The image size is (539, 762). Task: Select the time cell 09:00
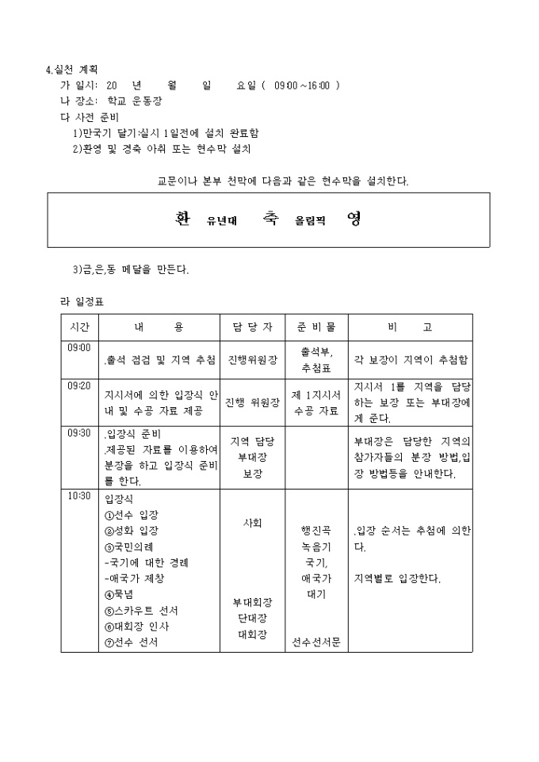(x=79, y=347)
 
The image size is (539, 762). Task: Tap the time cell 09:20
(x=79, y=386)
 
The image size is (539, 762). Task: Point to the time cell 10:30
(x=79, y=497)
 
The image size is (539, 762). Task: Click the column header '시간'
(x=79, y=327)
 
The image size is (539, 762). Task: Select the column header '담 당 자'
(x=252, y=327)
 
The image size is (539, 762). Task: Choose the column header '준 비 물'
(x=316, y=327)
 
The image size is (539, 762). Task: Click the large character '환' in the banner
(x=182, y=219)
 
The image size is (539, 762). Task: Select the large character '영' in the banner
(x=354, y=219)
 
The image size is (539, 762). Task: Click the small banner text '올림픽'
(x=311, y=221)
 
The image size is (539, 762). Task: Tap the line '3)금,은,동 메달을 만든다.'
(x=131, y=269)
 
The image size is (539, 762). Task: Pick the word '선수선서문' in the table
(x=316, y=642)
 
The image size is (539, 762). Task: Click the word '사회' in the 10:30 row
(x=252, y=524)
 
